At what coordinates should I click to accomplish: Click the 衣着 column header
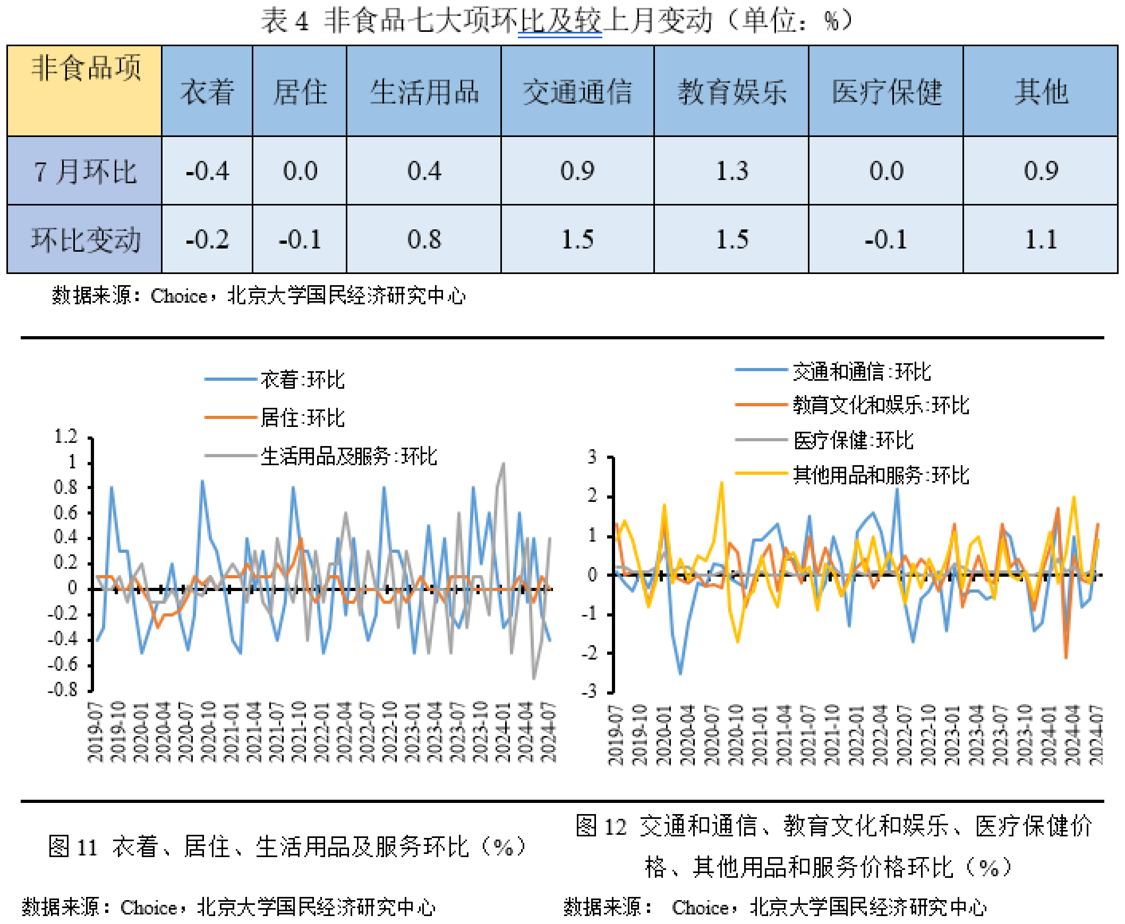pos(207,91)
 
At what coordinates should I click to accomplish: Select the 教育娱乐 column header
pos(731,91)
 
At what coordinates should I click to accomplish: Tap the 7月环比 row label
pos(84,172)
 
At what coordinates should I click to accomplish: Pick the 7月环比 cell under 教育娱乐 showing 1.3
pos(731,171)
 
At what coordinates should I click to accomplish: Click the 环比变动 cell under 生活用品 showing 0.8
pos(424,239)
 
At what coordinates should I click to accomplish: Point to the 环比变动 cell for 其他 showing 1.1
pos(1041,239)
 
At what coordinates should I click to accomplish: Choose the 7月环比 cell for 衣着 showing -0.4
pos(207,171)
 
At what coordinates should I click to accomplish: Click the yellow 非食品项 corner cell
pos(84,90)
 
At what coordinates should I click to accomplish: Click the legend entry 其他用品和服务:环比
pos(880,475)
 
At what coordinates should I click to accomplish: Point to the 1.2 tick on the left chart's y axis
pos(66,437)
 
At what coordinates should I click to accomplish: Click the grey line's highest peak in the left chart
pos(503,465)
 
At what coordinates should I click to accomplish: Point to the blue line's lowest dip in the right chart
pos(680,673)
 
